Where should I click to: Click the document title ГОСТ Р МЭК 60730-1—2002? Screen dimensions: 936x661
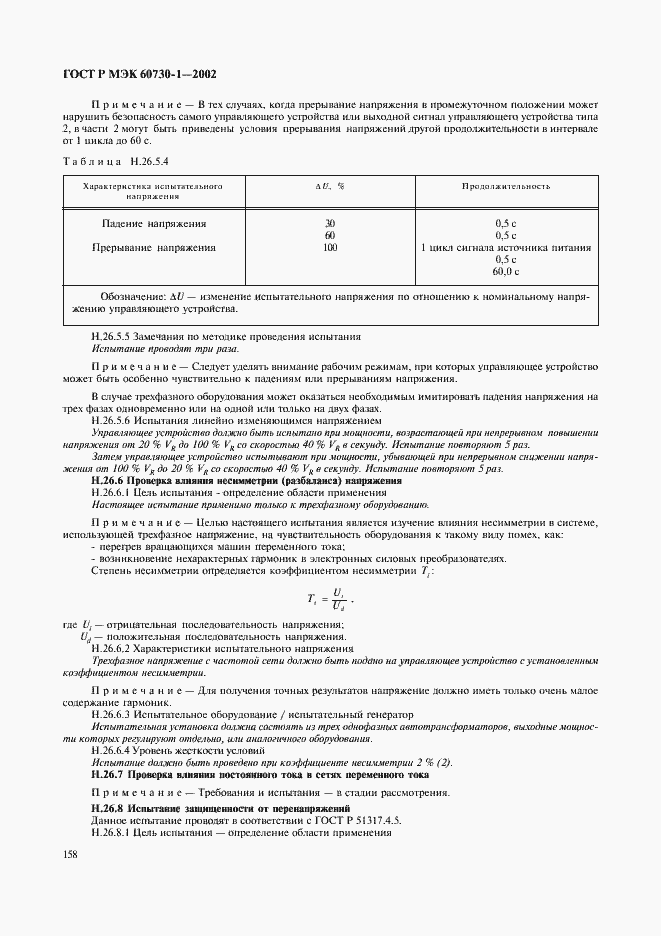(x=138, y=74)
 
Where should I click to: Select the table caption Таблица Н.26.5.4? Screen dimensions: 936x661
(x=116, y=160)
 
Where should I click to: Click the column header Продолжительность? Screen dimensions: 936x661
(x=505, y=186)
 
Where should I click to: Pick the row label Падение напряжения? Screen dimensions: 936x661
(x=155, y=223)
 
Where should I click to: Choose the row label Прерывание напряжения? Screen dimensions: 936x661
(x=154, y=247)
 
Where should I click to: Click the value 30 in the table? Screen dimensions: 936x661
(x=329, y=223)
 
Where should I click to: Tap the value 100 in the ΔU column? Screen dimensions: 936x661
(x=329, y=247)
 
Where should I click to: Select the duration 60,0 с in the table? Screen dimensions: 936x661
(x=505, y=271)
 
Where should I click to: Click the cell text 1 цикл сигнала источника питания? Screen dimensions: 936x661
(x=505, y=247)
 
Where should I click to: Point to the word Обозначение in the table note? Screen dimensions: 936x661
(x=133, y=297)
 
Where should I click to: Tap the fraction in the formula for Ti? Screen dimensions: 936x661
(x=339, y=599)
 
